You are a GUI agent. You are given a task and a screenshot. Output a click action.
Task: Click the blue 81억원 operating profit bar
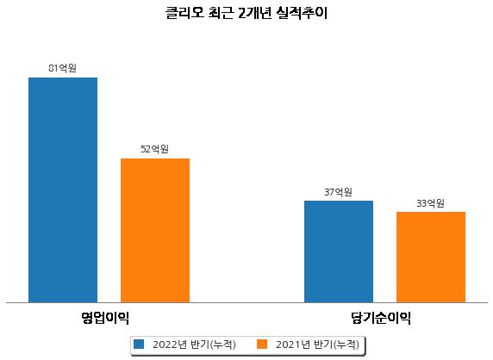pos(63,190)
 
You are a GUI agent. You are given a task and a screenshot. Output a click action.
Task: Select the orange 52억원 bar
pos(155,231)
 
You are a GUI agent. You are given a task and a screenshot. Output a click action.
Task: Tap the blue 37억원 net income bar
pos(339,251)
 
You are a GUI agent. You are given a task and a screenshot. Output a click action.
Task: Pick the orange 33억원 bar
pos(431,258)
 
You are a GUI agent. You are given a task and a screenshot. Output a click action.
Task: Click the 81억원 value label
pos(62,68)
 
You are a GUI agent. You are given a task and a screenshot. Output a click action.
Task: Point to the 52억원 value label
pos(154,149)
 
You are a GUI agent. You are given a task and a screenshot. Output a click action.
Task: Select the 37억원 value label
pos(338,192)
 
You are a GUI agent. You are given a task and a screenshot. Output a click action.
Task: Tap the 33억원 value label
pos(430,203)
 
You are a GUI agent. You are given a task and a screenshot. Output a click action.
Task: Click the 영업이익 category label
pos(105,318)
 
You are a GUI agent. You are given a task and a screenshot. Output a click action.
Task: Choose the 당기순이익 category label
pos(381,318)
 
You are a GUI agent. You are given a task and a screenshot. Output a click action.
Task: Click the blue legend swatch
pos(139,344)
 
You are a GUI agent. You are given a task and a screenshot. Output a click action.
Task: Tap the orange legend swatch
pos(262,344)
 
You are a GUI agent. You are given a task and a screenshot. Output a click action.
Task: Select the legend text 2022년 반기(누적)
pos(194,344)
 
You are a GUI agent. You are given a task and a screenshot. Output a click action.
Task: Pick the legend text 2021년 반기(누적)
pos(317,344)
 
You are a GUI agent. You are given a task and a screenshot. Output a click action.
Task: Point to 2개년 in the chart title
pos(254,13)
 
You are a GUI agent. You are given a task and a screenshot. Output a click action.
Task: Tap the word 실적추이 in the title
pos(302,13)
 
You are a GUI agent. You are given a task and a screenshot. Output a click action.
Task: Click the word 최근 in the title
pos(221,13)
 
